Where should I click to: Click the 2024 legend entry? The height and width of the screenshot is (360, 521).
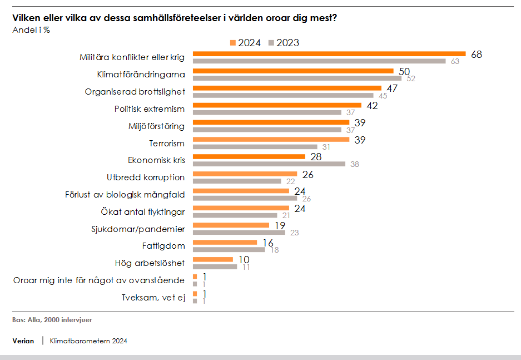pyautogui.click(x=245, y=43)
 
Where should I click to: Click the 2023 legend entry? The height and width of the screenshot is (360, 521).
pyautogui.click(x=284, y=43)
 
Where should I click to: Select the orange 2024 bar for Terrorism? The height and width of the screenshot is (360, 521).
pyautogui.click(x=271, y=140)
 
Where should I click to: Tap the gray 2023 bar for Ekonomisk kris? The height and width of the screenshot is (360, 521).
pyautogui.click(x=269, y=164)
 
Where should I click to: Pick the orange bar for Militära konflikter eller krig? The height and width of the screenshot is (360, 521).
pyautogui.click(x=329, y=54)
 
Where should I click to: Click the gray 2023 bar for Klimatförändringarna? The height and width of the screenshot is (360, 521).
pyautogui.click(x=297, y=78)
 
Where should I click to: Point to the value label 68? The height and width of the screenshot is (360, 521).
pyautogui.click(x=476, y=55)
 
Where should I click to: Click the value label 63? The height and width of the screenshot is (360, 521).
pyautogui.click(x=455, y=61)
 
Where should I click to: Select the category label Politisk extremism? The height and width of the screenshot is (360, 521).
pyautogui.click(x=150, y=109)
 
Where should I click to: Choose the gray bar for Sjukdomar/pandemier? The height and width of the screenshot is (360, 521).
pyautogui.click(x=239, y=232)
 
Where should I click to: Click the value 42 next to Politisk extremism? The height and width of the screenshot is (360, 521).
pyautogui.click(x=372, y=105)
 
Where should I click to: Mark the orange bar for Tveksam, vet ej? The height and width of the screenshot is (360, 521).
pyautogui.click(x=195, y=294)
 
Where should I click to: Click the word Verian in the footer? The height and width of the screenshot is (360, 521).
pyautogui.click(x=23, y=341)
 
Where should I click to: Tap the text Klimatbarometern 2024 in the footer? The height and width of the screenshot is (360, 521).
pyautogui.click(x=88, y=341)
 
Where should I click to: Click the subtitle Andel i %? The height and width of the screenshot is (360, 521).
pyautogui.click(x=31, y=30)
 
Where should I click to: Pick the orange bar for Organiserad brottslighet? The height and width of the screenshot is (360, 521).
pyautogui.click(x=287, y=88)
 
